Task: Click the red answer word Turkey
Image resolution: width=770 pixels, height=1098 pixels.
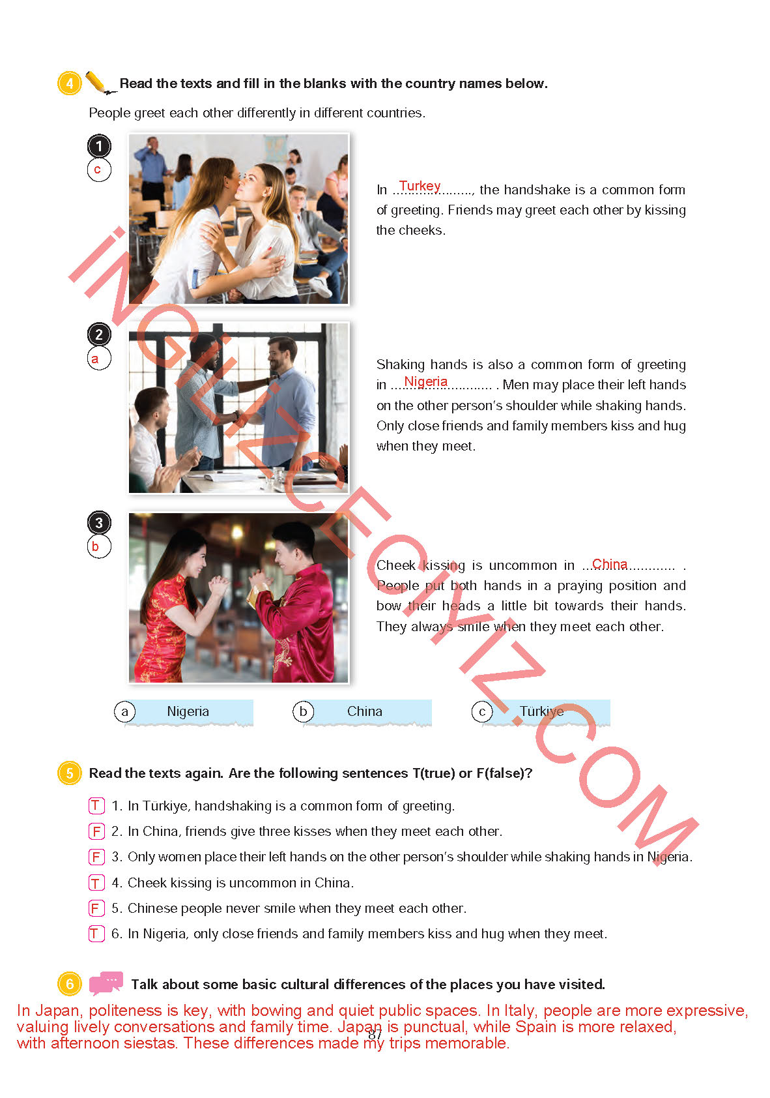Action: [420, 186]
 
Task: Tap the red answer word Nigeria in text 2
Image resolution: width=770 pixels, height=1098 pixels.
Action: [425, 381]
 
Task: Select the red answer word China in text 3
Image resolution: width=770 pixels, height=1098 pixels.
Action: [609, 564]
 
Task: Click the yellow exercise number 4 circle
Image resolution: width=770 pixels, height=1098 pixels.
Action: [69, 83]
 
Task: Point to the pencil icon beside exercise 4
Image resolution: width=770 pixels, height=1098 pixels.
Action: [100, 82]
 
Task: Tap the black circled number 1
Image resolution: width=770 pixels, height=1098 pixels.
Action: [99, 146]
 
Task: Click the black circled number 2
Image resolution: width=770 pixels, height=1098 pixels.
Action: [99, 334]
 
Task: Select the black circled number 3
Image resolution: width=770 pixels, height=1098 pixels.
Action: [99, 522]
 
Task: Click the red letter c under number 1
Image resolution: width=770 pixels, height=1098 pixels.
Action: [97, 170]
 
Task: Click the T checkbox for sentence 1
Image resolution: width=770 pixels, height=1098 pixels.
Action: [96, 805]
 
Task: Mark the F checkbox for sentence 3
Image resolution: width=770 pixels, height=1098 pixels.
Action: [96, 856]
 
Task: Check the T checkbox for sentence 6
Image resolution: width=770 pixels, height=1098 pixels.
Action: [96, 933]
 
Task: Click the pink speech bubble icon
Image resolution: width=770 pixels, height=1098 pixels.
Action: [106, 983]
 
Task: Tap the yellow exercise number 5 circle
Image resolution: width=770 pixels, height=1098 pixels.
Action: [69, 773]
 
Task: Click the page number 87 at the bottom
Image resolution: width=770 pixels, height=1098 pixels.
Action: [375, 1034]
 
